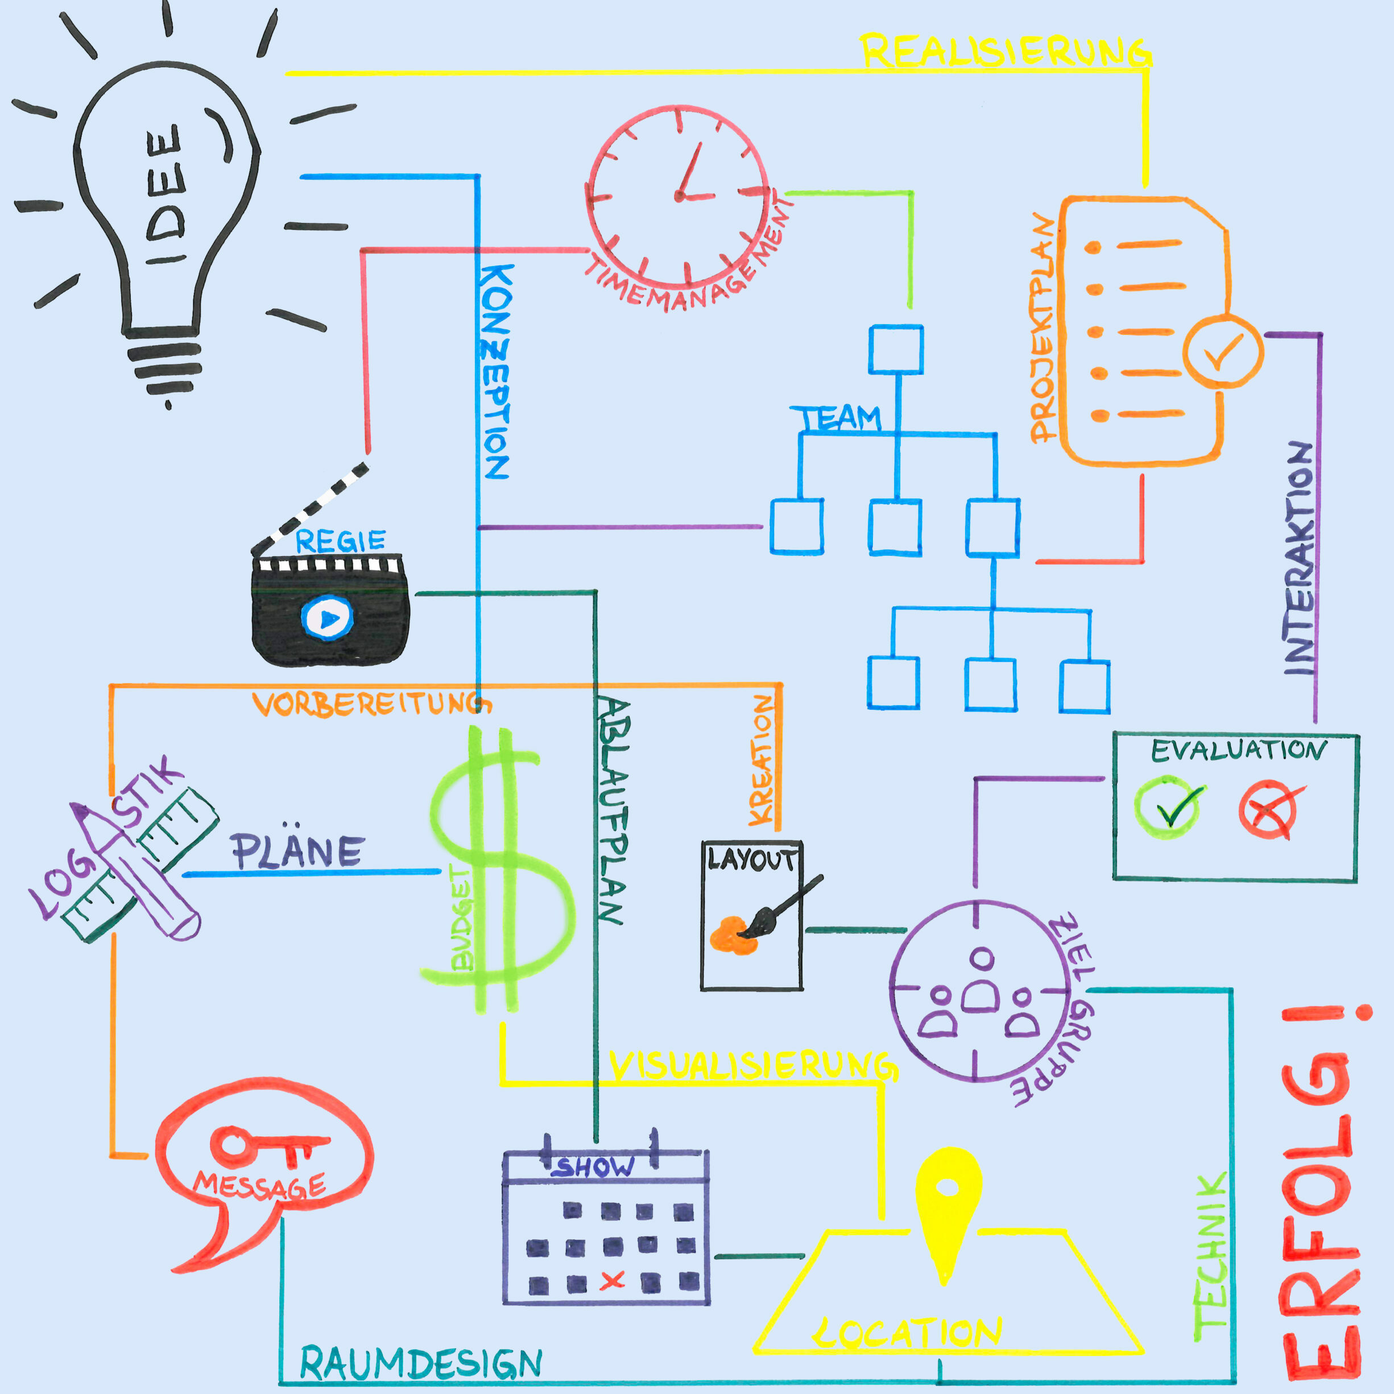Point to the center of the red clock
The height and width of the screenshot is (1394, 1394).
click(679, 196)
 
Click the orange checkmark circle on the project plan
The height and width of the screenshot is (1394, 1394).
click(1223, 352)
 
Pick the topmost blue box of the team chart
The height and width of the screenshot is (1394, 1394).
click(895, 350)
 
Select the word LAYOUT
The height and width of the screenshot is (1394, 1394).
click(752, 859)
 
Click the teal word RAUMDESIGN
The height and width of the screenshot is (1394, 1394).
click(421, 1362)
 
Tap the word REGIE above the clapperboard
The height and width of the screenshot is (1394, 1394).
click(341, 540)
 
